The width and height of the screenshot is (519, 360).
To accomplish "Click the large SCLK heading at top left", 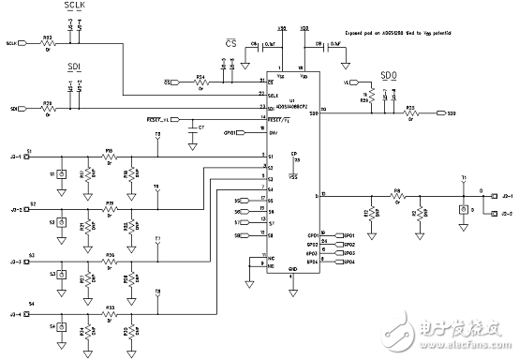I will pyautogui.click(x=74, y=6).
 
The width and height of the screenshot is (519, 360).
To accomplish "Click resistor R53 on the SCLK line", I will pyautogui.click(x=48, y=44).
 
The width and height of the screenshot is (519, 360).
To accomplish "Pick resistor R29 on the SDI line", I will pyautogui.click(x=48, y=108).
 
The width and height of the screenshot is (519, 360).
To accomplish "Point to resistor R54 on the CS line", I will pyautogui.click(x=200, y=82).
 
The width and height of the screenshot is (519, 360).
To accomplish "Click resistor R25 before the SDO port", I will pyautogui.click(x=409, y=114).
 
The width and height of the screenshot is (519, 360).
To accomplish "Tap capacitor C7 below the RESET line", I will pyautogui.click(x=192, y=129).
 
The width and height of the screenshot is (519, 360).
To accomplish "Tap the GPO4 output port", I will pyautogui.click(x=348, y=262).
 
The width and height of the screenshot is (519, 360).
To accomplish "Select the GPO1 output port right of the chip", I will pyautogui.click(x=348, y=234).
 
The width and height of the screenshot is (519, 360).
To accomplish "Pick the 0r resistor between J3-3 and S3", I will pyautogui.click(x=111, y=260).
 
